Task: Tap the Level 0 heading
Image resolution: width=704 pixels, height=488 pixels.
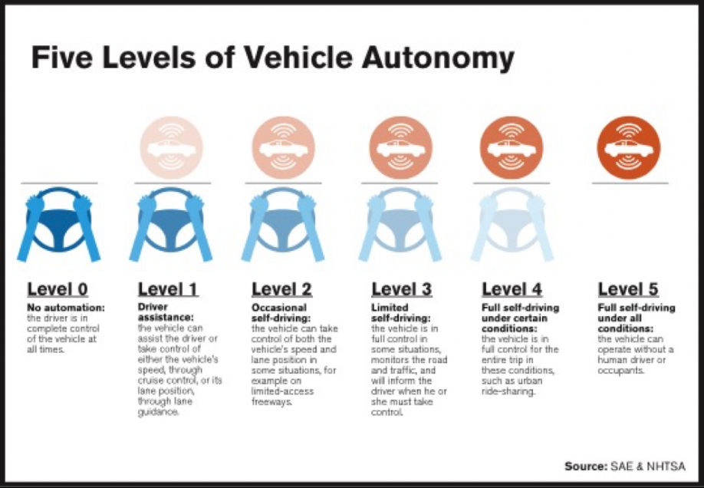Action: pyautogui.click(x=58, y=289)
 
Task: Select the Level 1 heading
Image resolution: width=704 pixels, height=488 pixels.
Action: pyautogui.click(x=168, y=289)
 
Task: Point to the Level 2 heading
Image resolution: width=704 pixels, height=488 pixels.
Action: pyautogui.click(x=282, y=289)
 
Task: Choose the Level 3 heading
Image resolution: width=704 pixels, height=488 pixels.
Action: pyautogui.click(x=402, y=289)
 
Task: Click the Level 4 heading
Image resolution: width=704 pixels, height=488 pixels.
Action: pyautogui.click(x=512, y=289)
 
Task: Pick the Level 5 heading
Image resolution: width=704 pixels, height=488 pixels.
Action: pyautogui.click(x=628, y=289)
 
